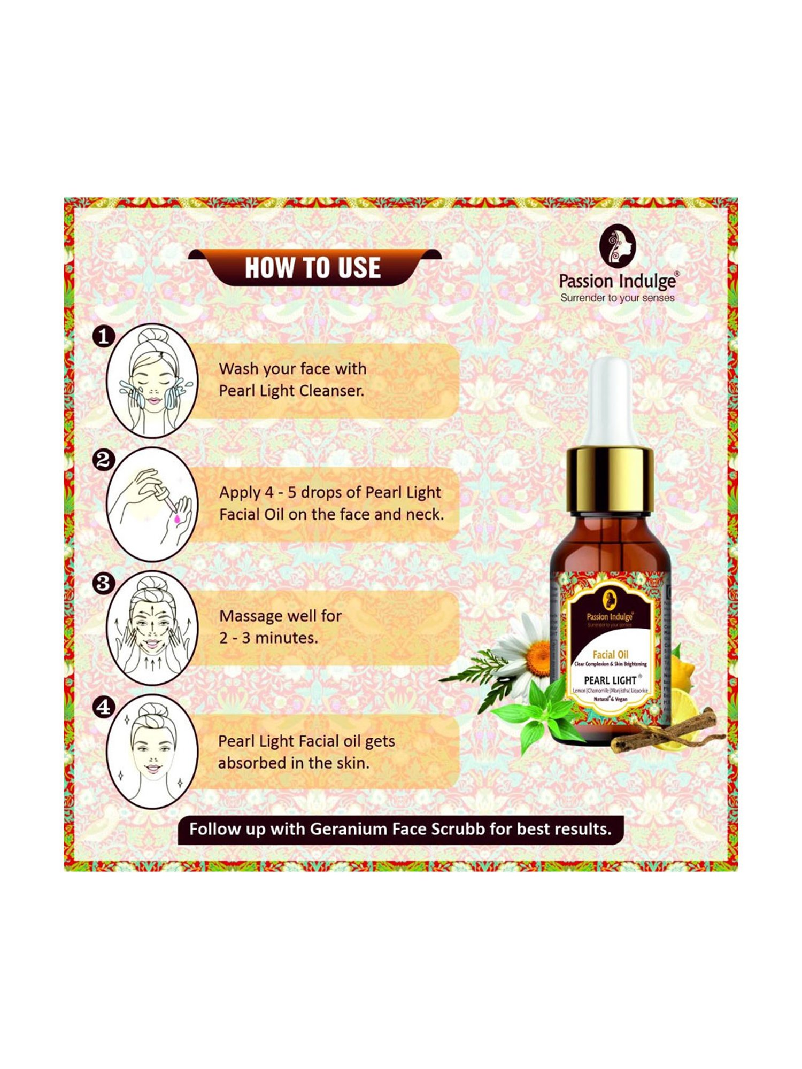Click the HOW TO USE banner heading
[x=313, y=267]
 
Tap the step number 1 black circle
[x=104, y=336]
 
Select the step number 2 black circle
[x=104, y=460]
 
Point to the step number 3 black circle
[x=104, y=583]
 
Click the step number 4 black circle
[x=104, y=707]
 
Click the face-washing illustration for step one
[x=152, y=381]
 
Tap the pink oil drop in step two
[x=176, y=518]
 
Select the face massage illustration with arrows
[x=152, y=628]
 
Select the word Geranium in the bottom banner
[x=348, y=829]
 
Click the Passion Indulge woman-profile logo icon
[x=617, y=246]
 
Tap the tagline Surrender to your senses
[x=617, y=298]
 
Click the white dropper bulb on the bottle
[x=611, y=401]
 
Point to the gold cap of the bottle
[x=610, y=479]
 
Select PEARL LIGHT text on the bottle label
[x=610, y=680]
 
